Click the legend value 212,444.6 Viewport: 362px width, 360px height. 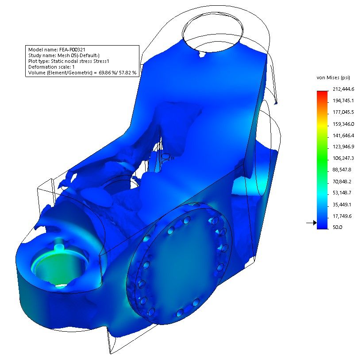(x=343, y=89)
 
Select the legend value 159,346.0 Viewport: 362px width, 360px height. (x=343, y=124)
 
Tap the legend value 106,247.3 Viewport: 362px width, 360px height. (x=343, y=158)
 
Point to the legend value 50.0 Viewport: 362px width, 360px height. (x=337, y=227)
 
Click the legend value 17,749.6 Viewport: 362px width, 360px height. (x=342, y=216)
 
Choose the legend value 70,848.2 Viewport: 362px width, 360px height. (x=342, y=182)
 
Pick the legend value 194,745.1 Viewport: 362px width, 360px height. (x=343, y=101)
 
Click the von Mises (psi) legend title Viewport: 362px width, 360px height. (x=333, y=78)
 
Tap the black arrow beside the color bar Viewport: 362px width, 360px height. (x=312, y=223)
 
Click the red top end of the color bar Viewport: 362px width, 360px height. (x=322, y=93)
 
